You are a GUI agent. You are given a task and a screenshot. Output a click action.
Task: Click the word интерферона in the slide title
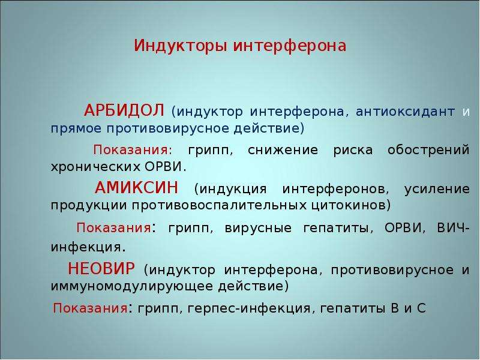click(x=290, y=46)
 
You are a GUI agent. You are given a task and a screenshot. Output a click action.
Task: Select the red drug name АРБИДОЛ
click(x=124, y=110)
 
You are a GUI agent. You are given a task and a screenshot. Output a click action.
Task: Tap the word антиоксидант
click(x=405, y=112)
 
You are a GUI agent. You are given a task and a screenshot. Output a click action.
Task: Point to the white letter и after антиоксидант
click(x=466, y=112)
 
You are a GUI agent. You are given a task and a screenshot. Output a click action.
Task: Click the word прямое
click(x=76, y=128)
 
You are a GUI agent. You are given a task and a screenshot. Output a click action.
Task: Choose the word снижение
click(x=283, y=150)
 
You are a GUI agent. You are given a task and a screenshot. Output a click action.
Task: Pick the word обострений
click(x=428, y=150)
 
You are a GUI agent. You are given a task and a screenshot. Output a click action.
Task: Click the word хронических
click(x=94, y=167)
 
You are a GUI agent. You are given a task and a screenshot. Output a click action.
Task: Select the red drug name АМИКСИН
click(x=136, y=187)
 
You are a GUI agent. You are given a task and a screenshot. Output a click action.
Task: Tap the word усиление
click(x=437, y=189)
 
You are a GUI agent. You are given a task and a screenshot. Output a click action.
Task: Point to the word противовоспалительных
click(x=219, y=205)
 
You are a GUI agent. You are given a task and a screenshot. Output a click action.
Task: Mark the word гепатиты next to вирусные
click(x=336, y=229)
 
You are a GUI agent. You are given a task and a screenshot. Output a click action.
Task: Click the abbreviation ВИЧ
click(x=451, y=228)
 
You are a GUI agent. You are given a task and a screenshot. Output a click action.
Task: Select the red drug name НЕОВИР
click(x=101, y=268)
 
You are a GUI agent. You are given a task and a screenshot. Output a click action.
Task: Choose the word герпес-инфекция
click(x=249, y=308)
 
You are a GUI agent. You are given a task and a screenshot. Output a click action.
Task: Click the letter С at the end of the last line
click(x=421, y=308)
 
